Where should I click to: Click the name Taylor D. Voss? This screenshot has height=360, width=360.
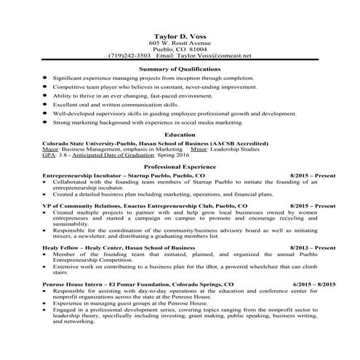(180, 36)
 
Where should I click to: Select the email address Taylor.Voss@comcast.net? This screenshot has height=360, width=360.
(215, 55)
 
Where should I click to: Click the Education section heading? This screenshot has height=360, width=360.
(180, 135)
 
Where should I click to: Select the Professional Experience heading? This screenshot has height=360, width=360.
(180, 167)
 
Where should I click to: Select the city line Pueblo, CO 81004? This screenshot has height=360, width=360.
(180, 49)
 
